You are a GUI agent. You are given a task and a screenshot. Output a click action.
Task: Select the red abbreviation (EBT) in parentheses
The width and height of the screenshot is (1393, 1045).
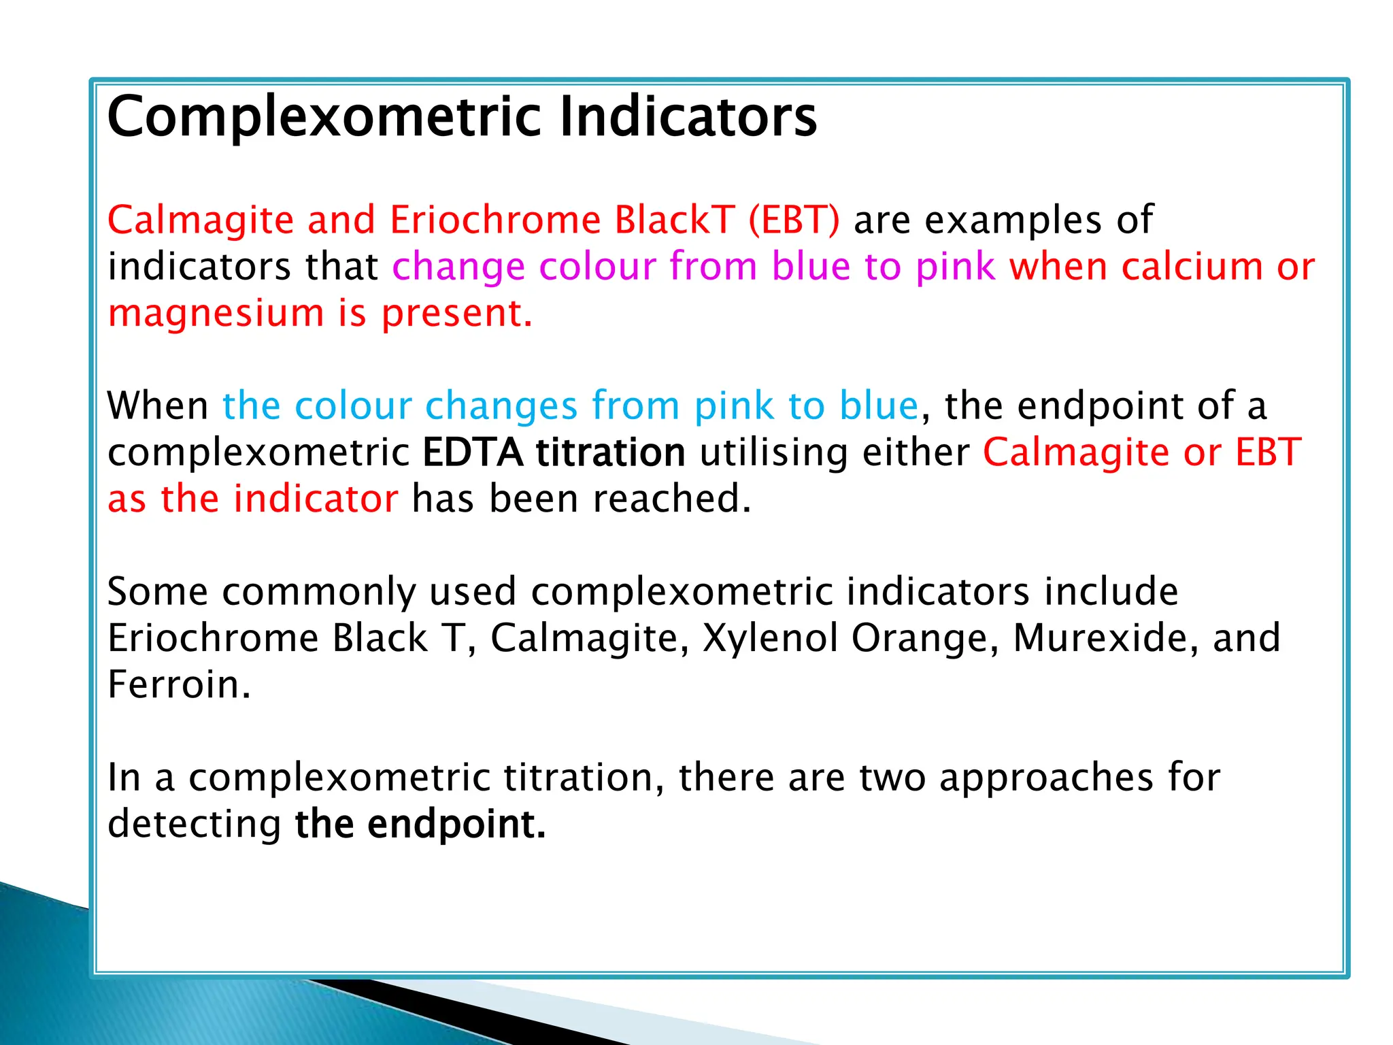[x=794, y=220]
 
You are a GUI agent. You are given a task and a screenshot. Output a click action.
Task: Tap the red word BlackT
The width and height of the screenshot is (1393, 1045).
[x=674, y=220]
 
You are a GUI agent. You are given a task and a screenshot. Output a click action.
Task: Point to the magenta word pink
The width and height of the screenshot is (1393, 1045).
[x=955, y=266]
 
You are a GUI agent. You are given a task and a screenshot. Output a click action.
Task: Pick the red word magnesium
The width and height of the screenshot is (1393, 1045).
[x=216, y=314]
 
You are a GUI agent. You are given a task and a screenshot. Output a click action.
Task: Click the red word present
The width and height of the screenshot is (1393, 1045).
[x=456, y=314]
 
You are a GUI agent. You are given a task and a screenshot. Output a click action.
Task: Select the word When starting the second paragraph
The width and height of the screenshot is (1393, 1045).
[x=158, y=406]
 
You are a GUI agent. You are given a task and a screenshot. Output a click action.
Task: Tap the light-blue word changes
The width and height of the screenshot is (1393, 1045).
[x=501, y=406]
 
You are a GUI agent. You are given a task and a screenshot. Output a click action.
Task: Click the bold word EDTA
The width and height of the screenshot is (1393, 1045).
[x=472, y=453]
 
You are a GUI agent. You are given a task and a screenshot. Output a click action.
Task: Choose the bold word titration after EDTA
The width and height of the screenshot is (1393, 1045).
[x=610, y=453]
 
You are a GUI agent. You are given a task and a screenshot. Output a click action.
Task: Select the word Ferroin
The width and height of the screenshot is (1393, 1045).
[x=179, y=684]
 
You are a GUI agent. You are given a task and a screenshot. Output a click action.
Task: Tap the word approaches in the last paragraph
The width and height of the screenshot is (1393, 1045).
[x=1046, y=778]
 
